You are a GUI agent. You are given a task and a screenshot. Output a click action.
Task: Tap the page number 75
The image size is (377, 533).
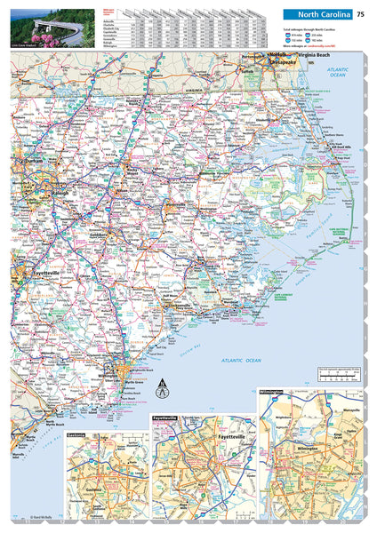click(360, 13)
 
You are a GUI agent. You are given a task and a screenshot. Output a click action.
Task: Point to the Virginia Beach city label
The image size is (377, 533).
click(319, 55)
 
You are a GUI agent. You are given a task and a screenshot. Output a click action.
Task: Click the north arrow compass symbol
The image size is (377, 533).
click(161, 388)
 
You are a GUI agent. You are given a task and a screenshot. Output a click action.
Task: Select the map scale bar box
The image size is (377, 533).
click(339, 373)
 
